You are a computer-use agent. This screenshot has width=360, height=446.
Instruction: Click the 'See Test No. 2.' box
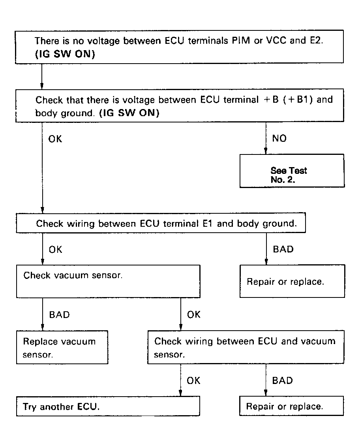292,171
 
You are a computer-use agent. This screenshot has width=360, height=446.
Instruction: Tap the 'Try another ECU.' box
108,406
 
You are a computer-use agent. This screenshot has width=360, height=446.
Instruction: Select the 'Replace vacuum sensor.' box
62,347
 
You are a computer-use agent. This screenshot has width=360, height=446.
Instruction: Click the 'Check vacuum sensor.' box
108,281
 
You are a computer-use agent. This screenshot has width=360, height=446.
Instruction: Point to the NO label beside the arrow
279,138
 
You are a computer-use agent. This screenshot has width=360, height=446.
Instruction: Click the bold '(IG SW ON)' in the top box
65,55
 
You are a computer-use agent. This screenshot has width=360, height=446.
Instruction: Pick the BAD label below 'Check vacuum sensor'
59,315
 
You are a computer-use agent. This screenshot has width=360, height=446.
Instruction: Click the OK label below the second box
55,139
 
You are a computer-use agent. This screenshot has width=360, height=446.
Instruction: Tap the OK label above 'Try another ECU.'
193,380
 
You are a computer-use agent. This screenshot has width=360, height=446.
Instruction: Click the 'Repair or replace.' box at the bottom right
291,406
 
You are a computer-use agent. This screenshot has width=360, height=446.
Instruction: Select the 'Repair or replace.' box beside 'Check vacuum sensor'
292,281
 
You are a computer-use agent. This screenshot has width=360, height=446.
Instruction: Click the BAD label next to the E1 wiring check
283,249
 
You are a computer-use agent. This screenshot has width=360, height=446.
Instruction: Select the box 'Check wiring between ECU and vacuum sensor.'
246,347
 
